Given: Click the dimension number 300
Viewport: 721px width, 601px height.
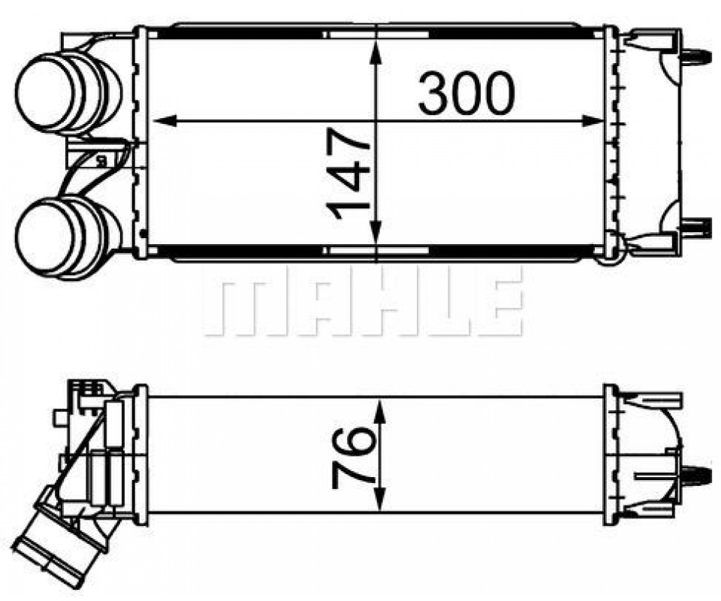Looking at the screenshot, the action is coord(466,94).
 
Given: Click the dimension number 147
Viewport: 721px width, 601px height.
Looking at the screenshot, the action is coord(348,174).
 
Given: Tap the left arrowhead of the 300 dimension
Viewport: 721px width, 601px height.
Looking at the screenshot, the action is coord(164,121).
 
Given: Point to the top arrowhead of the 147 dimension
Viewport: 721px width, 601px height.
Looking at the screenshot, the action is coord(376,52).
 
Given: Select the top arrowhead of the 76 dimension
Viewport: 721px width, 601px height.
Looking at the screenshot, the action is coord(379,411).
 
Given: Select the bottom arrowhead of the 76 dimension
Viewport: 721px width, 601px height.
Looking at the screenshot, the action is coord(379,499).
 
